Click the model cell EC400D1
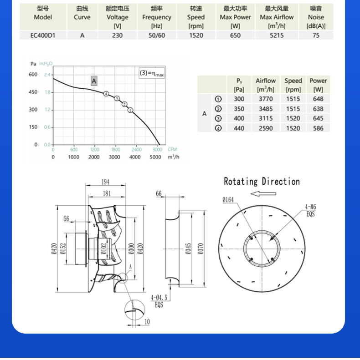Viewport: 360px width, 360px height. (x=43, y=35)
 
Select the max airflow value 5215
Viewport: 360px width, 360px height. (x=277, y=35)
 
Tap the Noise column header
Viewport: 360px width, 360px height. (x=316, y=17)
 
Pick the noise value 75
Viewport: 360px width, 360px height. (x=316, y=35)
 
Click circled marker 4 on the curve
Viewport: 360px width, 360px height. (x=106, y=94)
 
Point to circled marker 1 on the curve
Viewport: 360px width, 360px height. (x=130, y=110)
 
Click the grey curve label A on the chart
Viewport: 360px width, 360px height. (x=94, y=81)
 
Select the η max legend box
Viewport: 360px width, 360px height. (x=152, y=73)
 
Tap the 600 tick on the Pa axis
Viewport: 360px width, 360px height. (x=33, y=74)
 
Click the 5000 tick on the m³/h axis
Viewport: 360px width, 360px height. (x=155, y=157)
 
